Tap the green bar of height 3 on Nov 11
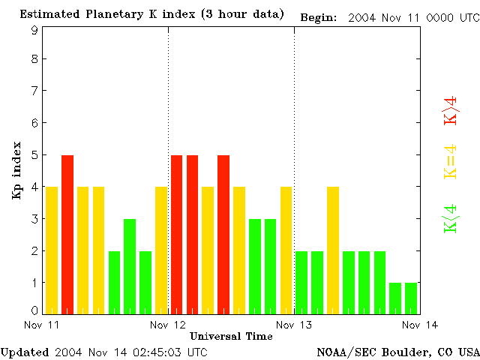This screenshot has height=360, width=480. [130, 266]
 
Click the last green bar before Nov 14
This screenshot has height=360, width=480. [411, 298]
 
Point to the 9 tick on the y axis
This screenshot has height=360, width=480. [35, 31]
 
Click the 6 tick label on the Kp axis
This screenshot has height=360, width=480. [35, 123]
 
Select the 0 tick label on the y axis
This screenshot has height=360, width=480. [35, 310]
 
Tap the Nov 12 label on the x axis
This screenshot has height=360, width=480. [168, 324]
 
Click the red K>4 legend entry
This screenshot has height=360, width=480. [451, 110]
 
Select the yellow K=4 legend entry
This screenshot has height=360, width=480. [451, 161]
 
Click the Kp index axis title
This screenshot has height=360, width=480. [16, 170]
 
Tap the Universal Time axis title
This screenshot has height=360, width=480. [231, 336]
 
